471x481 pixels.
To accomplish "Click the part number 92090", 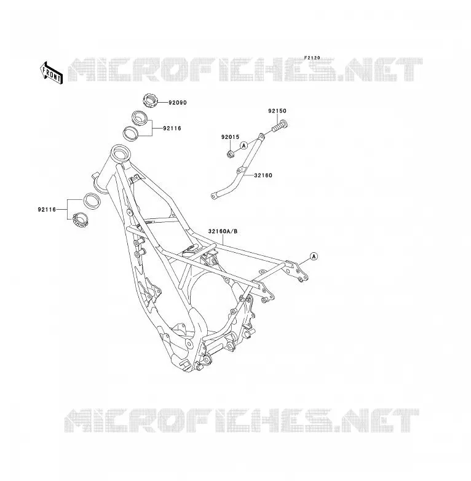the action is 178,103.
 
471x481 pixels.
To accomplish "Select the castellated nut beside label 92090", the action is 150,100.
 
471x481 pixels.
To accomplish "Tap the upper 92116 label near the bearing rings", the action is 172,128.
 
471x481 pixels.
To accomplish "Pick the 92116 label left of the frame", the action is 47,210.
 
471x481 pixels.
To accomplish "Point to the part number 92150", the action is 277,111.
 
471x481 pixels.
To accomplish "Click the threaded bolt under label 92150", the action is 280,125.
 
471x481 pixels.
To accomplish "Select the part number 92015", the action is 231,137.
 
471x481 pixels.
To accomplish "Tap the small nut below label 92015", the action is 231,154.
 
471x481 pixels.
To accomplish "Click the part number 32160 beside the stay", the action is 263,175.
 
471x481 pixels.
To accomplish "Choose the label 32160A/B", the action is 223,231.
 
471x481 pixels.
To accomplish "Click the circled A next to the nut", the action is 243,145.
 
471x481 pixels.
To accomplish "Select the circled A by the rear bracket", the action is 314,256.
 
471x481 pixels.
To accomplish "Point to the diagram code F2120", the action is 312,58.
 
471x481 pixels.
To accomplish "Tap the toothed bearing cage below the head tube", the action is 81,220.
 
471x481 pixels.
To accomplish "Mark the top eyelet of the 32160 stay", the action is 261,135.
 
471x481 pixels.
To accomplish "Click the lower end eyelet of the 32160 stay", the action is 214,196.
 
